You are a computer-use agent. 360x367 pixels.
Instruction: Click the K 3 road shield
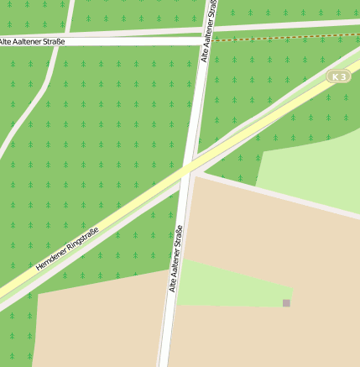click(338, 76)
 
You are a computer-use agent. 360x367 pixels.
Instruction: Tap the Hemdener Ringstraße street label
click(67, 249)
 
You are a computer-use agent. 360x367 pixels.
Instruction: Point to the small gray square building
click(286, 302)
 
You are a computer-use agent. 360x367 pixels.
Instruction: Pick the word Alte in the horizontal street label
click(7, 40)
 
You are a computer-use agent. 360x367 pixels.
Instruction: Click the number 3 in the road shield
click(342, 76)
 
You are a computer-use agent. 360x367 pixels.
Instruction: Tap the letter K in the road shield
click(335, 76)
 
